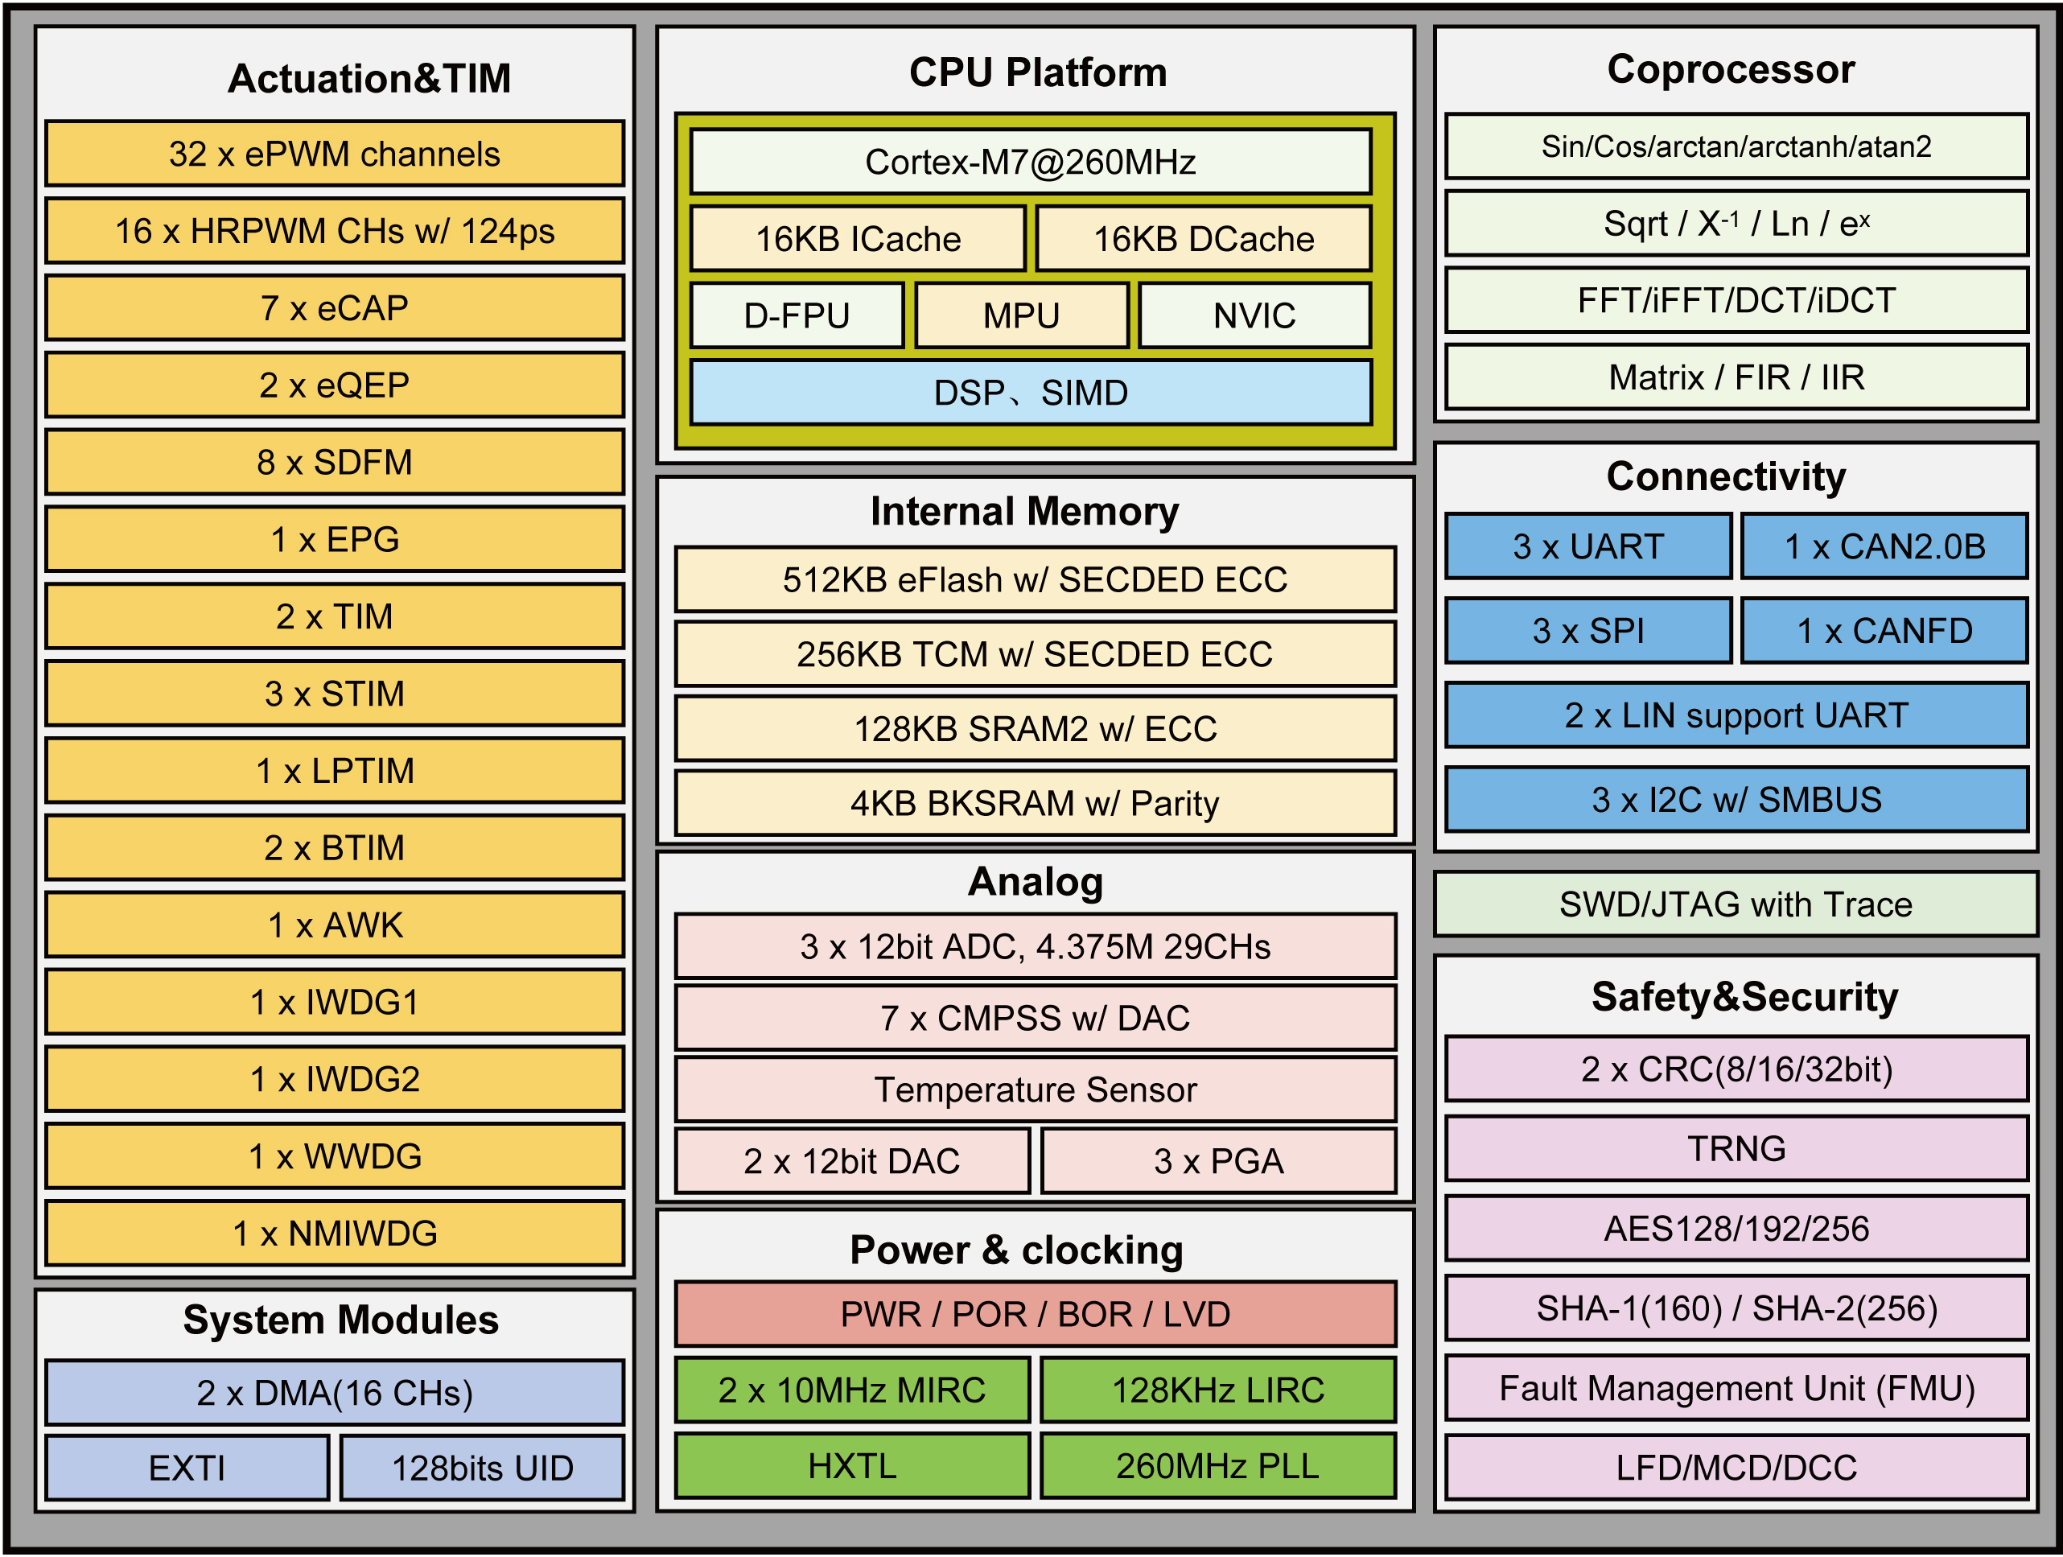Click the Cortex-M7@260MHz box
click(1030, 163)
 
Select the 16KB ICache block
click(857, 240)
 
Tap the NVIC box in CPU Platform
click(1254, 316)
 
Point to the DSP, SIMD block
click(1030, 393)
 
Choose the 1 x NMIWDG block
click(334, 1234)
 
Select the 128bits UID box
click(481, 1468)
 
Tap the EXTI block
click(187, 1468)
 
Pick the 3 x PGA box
click(1218, 1161)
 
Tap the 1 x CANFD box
click(1884, 632)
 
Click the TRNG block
click(1736, 1148)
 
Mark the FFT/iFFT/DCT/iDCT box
click(1736, 300)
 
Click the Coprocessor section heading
click(1731, 70)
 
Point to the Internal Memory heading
click(1024, 511)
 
